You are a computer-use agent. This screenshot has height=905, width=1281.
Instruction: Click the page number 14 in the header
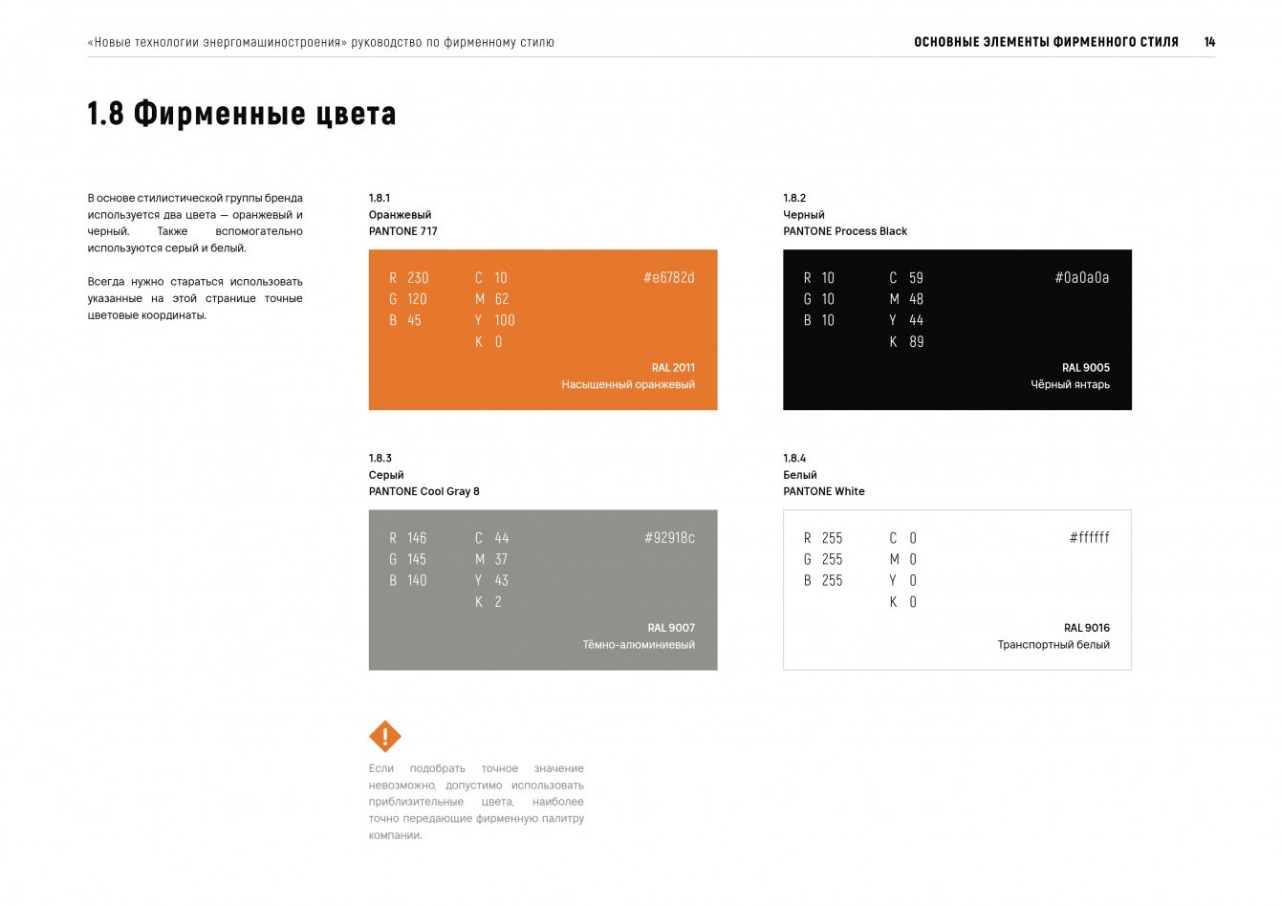pos(1209,42)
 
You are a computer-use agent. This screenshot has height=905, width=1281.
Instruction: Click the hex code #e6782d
pos(668,278)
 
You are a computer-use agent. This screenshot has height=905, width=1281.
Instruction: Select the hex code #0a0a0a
pos(1081,278)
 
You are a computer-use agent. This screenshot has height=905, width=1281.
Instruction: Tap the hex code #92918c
pos(669,538)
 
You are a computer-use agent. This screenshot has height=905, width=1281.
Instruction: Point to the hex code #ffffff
pos(1089,538)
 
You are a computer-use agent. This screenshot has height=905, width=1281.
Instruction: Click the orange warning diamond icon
pos(385,737)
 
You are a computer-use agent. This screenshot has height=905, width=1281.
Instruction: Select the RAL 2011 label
pos(673,368)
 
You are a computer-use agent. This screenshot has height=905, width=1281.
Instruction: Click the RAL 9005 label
pos(1086,368)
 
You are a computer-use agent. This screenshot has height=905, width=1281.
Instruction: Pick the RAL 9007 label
pos(671,628)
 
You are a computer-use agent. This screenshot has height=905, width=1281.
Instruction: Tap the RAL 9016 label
pos(1086,628)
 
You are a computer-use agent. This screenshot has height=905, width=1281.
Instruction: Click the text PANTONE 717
pos(402,231)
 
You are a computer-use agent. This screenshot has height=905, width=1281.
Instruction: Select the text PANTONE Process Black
pos(845,231)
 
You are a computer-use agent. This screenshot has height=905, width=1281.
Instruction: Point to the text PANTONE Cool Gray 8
pos(423,491)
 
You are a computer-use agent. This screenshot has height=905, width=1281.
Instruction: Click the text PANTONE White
pos(823,491)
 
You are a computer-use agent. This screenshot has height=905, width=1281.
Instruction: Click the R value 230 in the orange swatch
pos(418,278)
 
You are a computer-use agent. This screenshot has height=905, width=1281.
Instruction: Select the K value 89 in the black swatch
pos(916,342)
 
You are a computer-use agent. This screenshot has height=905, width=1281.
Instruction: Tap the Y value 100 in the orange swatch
pos(505,320)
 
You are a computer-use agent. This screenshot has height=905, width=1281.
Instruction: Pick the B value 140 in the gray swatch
pos(417,580)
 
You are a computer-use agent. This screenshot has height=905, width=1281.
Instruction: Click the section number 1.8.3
pos(380,459)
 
